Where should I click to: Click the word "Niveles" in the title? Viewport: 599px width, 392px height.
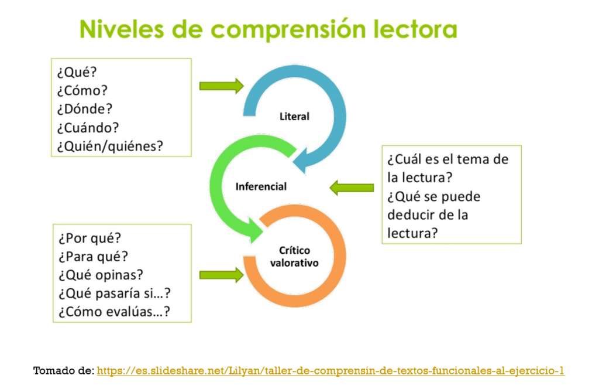(x=122, y=29)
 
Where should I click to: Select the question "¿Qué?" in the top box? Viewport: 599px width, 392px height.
(x=77, y=72)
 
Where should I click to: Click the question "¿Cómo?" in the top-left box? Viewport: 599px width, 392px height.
(x=82, y=90)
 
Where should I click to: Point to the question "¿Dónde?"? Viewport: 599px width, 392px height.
(x=85, y=109)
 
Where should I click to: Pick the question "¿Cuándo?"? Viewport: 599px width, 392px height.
(x=88, y=128)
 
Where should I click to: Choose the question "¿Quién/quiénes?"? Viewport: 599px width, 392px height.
(x=110, y=146)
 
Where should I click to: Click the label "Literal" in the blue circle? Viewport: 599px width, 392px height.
(x=294, y=117)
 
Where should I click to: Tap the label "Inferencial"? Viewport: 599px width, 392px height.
(x=261, y=186)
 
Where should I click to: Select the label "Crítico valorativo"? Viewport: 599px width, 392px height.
(x=294, y=257)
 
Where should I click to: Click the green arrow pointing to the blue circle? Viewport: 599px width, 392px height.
(x=222, y=86)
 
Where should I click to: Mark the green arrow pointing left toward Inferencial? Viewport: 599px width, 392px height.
(x=352, y=188)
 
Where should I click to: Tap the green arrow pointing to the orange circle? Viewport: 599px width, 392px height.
(x=222, y=275)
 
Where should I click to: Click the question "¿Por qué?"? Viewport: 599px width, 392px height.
(x=89, y=238)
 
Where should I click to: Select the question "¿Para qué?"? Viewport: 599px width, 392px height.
(x=93, y=257)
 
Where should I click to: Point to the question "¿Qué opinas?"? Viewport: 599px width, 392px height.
(x=101, y=275)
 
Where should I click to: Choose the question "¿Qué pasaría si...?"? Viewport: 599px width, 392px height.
(x=115, y=293)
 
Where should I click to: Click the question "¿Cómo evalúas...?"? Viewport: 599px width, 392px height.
(x=114, y=312)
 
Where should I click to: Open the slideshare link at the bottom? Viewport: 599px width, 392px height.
(x=331, y=370)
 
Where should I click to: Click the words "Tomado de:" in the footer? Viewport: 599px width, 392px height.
(x=64, y=370)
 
